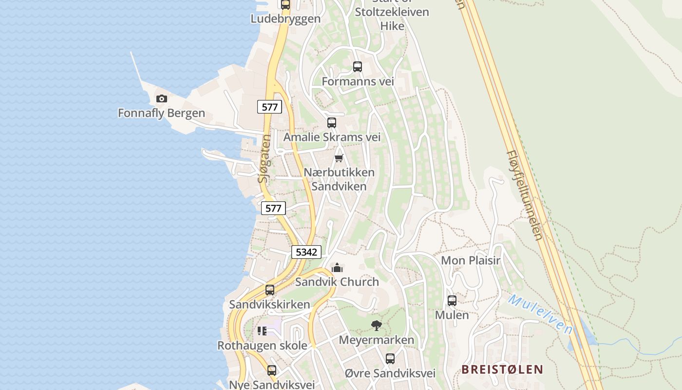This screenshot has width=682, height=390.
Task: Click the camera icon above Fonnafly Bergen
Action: click(162, 99)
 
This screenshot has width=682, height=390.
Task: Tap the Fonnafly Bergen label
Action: click(161, 114)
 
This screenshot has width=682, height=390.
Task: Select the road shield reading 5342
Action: click(306, 252)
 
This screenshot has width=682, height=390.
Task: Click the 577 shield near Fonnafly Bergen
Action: click(269, 107)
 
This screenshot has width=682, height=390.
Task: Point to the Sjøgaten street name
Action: click(264, 159)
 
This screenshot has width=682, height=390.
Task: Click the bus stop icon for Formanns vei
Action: click(358, 67)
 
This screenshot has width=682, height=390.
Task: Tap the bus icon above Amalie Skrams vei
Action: click(332, 123)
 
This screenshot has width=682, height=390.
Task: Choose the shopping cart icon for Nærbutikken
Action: click(339, 158)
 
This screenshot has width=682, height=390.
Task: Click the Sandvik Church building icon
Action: click(337, 268)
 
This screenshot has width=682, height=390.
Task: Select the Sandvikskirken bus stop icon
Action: click(270, 290)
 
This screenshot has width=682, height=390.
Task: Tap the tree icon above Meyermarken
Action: click(376, 326)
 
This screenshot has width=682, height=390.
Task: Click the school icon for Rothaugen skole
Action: click(262, 331)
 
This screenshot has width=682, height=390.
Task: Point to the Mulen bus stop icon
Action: click(452, 301)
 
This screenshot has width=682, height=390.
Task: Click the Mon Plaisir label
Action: click(471, 260)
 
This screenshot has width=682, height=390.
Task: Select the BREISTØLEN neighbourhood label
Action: click(502, 369)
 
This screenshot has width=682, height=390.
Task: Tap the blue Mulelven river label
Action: click(541, 314)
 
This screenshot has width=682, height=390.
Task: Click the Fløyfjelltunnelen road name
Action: click(524, 195)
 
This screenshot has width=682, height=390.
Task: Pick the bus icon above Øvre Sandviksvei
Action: click(390, 359)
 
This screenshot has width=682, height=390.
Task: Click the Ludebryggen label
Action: click(285, 19)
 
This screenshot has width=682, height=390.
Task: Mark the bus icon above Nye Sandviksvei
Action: click(272, 370)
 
